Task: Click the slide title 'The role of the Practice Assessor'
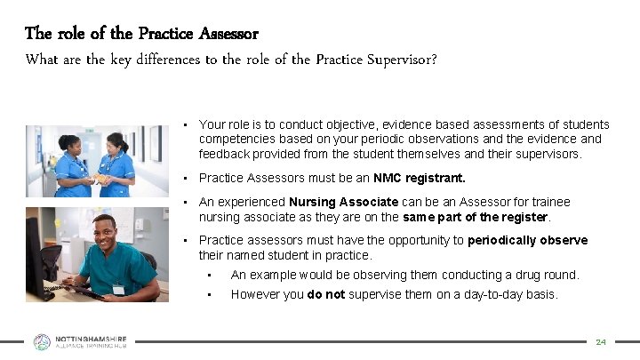click(x=141, y=34)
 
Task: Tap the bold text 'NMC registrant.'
click(x=420, y=178)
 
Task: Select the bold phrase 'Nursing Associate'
click(x=343, y=202)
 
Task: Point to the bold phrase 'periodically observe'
click(x=528, y=241)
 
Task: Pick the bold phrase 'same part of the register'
click(x=475, y=216)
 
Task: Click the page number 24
click(x=600, y=341)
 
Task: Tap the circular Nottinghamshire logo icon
click(x=42, y=341)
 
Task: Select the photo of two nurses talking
click(x=96, y=161)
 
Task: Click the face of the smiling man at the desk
click(x=111, y=234)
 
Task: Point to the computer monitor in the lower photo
click(x=36, y=253)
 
